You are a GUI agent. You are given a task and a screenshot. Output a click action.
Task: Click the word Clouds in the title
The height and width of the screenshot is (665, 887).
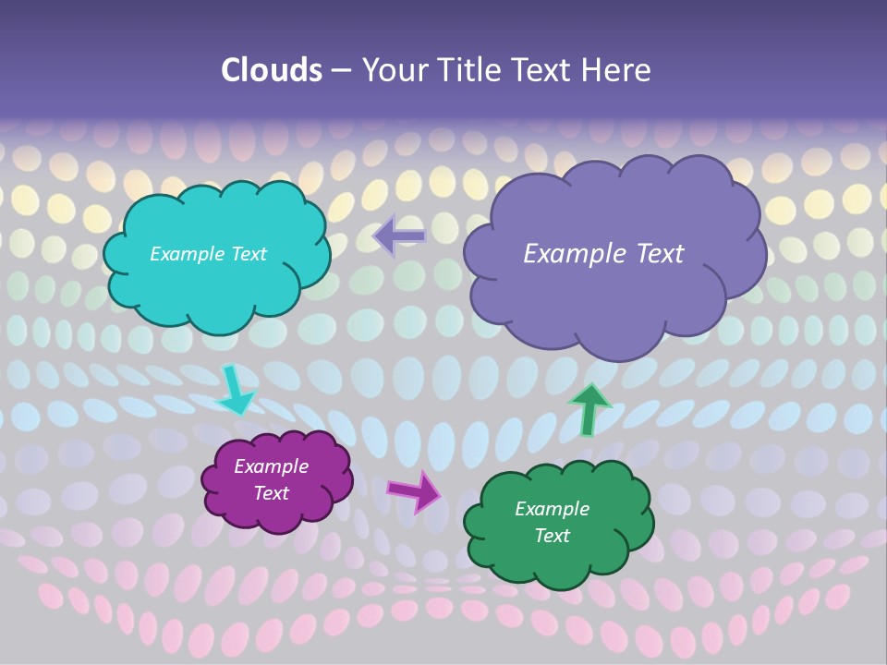(x=271, y=70)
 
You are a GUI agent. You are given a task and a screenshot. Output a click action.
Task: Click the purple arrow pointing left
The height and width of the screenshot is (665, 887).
(x=399, y=236)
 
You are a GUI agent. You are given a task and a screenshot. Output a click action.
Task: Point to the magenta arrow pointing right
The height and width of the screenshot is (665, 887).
(x=413, y=490)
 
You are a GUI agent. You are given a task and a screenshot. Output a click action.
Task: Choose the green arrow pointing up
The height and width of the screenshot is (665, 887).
(x=589, y=409)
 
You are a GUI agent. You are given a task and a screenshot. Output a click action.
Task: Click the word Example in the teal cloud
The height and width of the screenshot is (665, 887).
(x=188, y=254)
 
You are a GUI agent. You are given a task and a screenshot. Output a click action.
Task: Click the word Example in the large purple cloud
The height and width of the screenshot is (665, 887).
(x=572, y=254)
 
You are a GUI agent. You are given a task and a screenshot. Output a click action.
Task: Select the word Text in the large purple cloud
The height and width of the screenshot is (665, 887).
(x=659, y=254)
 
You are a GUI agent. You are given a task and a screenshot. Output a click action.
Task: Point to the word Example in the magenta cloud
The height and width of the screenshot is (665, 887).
(x=271, y=466)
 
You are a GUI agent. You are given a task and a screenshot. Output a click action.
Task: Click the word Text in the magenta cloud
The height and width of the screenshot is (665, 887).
(x=271, y=493)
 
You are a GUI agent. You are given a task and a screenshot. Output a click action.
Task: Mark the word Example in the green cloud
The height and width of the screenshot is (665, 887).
(x=552, y=509)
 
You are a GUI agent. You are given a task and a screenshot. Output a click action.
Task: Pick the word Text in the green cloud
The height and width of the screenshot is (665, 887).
(x=552, y=536)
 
